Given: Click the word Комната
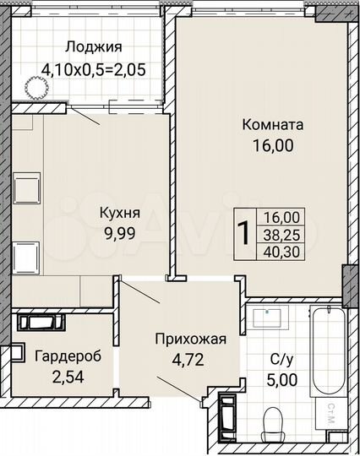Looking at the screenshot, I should coord(273,126).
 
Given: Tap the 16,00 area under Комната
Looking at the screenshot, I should coord(273,145).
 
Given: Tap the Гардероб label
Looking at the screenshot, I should coord(68,356).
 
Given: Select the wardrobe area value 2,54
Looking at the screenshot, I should coord(68,375).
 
